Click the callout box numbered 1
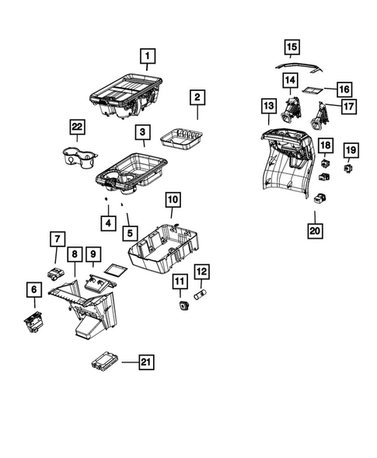(146, 55)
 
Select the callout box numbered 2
(197, 98)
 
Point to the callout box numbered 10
(173, 201)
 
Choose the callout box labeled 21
(146, 361)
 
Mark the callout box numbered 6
(34, 289)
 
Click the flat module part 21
(103, 362)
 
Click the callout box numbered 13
(268, 105)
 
